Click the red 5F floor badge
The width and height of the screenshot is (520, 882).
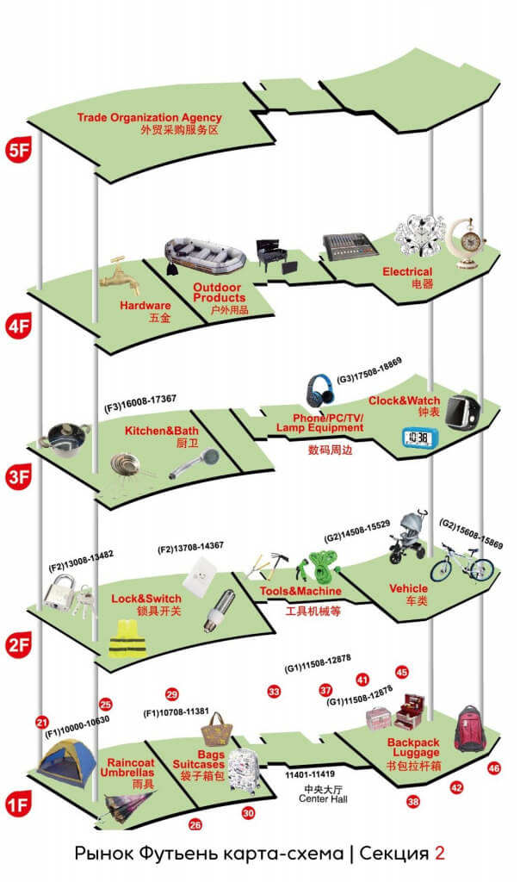pyautogui.click(x=18, y=147)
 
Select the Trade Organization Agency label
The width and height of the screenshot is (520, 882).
pyautogui.click(x=149, y=118)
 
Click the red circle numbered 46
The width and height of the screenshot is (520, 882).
pyautogui.click(x=493, y=767)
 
